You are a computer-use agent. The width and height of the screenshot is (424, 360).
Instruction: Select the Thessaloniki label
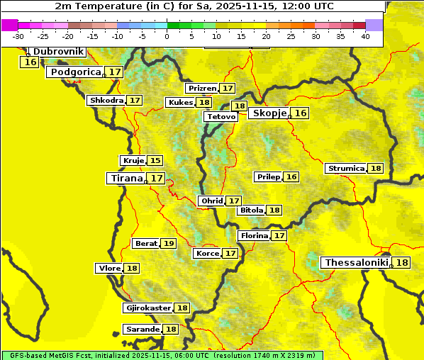[x=356, y=263]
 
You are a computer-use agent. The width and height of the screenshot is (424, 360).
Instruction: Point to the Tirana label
[x=125, y=179]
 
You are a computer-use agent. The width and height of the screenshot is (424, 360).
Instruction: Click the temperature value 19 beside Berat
[x=168, y=244]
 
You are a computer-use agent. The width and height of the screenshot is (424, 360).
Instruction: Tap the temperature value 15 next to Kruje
[x=155, y=161]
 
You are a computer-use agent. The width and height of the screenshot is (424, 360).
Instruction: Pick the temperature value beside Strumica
[x=376, y=169]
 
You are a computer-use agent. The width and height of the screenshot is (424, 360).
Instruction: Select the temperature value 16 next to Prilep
[x=291, y=176]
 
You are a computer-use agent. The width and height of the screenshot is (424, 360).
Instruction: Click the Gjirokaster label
[x=148, y=308]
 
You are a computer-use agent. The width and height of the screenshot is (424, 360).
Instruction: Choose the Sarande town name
[x=141, y=330]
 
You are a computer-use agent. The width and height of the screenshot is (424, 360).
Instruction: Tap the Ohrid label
[x=211, y=201]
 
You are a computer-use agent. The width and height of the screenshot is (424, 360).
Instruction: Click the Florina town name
[x=254, y=235]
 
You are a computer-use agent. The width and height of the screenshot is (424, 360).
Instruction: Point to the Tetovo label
[x=221, y=116]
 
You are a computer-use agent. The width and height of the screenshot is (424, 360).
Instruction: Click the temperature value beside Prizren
[x=227, y=89]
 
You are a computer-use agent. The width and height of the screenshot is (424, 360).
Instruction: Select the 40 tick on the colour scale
[x=365, y=36]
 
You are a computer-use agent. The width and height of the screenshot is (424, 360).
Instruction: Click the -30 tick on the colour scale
[x=18, y=36]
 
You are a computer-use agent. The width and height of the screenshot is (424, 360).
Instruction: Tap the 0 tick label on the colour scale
[x=167, y=36]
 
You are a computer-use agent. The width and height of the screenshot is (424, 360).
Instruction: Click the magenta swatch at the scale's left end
[x=10, y=25]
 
